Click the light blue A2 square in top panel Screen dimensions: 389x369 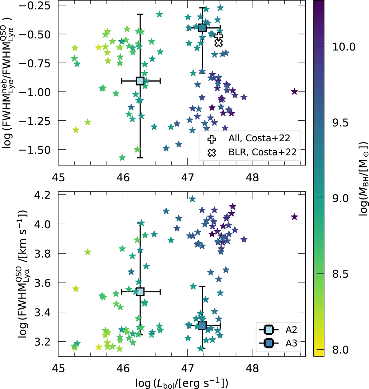pyautogui.click(x=140, y=81)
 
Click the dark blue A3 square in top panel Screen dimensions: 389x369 pyautogui.click(x=202, y=28)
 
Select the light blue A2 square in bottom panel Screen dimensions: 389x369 pyautogui.click(x=140, y=291)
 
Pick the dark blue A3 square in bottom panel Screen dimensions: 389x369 pyautogui.click(x=202, y=325)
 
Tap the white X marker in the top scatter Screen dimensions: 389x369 pyautogui.click(x=219, y=43)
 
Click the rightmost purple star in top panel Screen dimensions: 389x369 pyautogui.click(x=294, y=91)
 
